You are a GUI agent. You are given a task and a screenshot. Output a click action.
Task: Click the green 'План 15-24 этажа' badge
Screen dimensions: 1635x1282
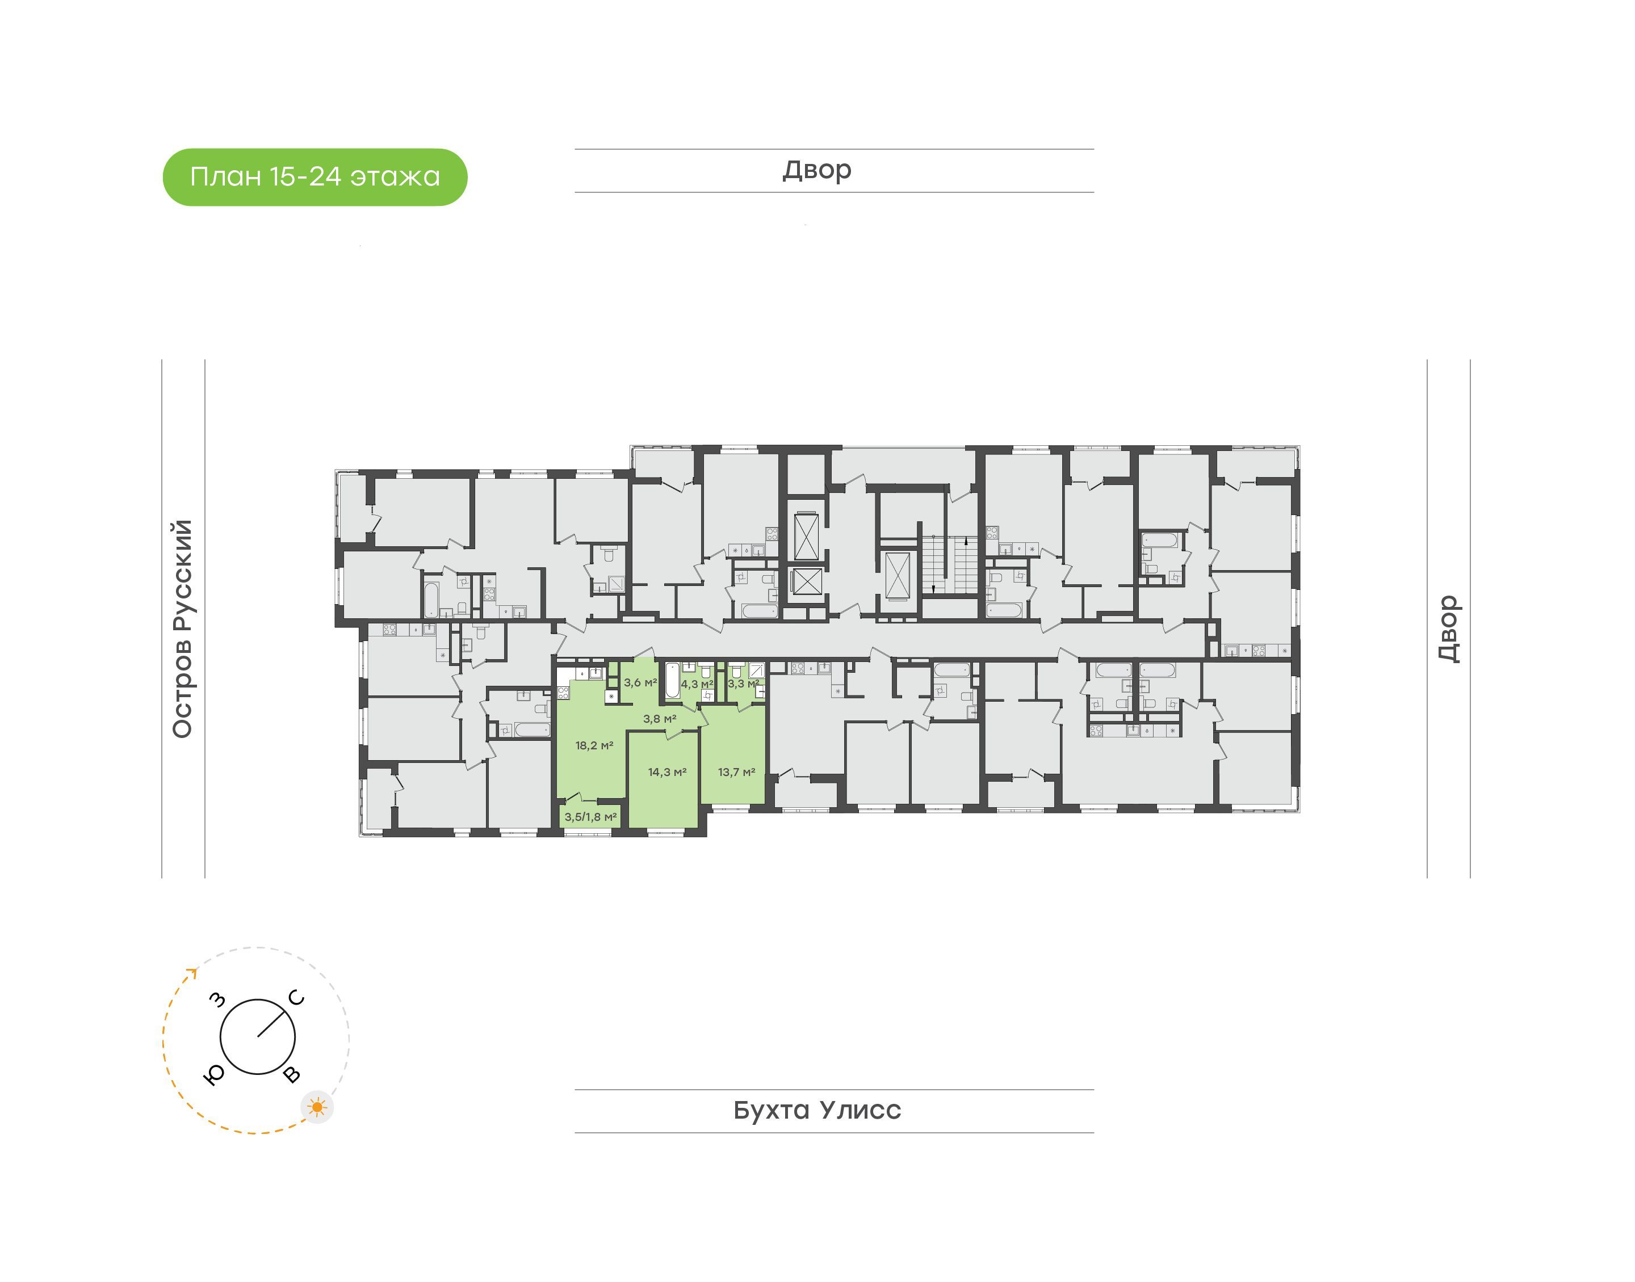click(x=315, y=177)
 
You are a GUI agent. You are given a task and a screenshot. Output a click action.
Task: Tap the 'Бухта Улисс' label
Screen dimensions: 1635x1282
click(x=817, y=1110)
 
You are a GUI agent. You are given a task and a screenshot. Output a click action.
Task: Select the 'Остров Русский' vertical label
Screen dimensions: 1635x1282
click(x=182, y=629)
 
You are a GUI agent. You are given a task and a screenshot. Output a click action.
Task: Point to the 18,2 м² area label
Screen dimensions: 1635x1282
click(x=594, y=745)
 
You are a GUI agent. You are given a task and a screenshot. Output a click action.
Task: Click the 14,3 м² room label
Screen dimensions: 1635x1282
click(x=667, y=771)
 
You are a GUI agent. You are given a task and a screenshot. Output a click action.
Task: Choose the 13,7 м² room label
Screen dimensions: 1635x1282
click(x=736, y=771)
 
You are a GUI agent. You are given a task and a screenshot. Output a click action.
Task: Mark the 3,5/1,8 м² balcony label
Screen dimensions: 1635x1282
click(x=590, y=817)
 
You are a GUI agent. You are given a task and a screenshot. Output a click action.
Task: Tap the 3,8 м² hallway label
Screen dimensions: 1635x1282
click(x=660, y=718)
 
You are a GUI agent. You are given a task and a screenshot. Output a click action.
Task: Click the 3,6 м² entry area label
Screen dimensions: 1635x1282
click(x=640, y=682)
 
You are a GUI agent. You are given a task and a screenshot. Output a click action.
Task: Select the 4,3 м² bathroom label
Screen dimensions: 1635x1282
click(x=697, y=684)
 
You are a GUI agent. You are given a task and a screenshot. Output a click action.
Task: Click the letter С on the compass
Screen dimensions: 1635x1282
click(x=297, y=998)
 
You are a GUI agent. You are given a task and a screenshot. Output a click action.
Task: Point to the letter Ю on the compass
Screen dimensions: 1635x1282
click(x=214, y=1076)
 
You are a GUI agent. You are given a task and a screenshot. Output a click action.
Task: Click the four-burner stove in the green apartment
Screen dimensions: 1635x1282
click(x=563, y=692)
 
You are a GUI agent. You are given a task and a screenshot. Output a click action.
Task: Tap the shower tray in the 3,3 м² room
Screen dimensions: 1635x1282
click(x=756, y=670)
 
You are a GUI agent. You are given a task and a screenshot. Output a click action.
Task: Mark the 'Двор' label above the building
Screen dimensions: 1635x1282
click(x=817, y=170)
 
